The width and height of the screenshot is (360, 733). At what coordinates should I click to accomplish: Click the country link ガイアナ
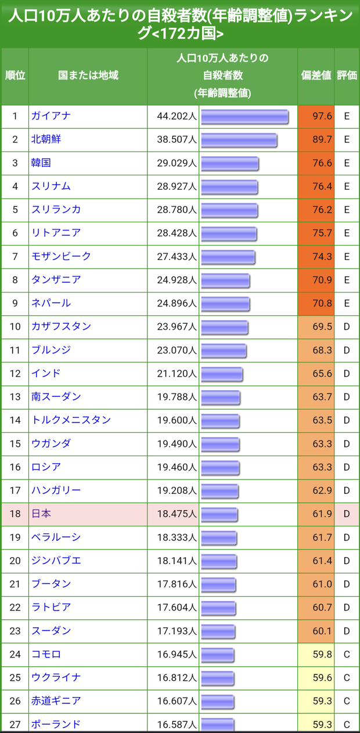[x=51, y=116]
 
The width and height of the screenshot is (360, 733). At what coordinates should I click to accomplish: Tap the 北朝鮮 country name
[x=46, y=139]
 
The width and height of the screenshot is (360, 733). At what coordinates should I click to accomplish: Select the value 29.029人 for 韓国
[x=177, y=163]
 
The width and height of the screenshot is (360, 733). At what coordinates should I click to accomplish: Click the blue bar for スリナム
[x=229, y=187]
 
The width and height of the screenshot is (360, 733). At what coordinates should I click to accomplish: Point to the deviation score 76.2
[x=322, y=210]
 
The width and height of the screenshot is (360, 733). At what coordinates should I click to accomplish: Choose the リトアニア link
[x=56, y=233]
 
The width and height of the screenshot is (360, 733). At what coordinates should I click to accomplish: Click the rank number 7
[x=15, y=257]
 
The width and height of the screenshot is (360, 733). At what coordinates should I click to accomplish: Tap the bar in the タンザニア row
[x=225, y=280]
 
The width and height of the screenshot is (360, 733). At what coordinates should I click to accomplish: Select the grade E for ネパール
[x=347, y=304]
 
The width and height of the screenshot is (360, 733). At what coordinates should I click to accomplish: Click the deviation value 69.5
[x=322, y=327]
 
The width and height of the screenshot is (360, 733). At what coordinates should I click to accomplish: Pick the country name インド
[x=46, y=373]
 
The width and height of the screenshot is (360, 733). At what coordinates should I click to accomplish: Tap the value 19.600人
[x=177, y=420]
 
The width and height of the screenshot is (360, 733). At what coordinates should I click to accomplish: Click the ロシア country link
[x=46, y=467]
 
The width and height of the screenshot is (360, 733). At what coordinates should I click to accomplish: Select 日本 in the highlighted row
[x=41, y=514]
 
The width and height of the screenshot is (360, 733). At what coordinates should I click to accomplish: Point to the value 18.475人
[x=177, y=514]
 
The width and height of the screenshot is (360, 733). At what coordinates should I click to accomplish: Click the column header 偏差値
[x=316, y=75]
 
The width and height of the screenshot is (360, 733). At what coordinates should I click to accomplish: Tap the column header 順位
[x=15, y=75]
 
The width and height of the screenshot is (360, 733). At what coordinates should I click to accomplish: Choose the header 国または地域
[x=88, y=75]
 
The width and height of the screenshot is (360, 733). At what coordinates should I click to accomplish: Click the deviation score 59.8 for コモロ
[x=322, y=654]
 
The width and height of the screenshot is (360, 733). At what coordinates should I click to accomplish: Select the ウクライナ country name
[x=56, y=677]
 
